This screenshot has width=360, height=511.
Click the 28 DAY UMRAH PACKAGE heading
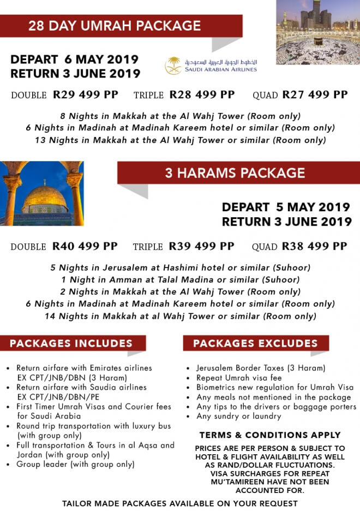[x=115, y=26]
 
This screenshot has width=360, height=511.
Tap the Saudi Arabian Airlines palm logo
[x=174, y=66]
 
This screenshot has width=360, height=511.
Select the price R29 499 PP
[x=86, y=94]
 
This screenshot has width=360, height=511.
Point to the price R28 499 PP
[x=202, y=94]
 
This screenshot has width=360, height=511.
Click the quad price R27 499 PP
[x=315, y=94]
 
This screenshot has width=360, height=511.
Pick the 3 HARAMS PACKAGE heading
[x=235, y=173]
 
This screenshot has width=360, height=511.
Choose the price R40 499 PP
[x=85, y=246]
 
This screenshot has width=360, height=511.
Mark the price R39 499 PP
[x=201, y=246]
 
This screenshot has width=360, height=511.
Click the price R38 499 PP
[x=314, y=246]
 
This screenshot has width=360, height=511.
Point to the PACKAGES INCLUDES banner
[x=71, y=343]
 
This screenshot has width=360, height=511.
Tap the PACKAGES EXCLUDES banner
[x=255, y=343]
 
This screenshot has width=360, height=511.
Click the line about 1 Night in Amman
[x=181, y=280]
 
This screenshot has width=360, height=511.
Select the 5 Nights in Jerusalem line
[x=181, y=268]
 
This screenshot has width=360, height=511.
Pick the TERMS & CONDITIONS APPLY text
[x=269, y=435]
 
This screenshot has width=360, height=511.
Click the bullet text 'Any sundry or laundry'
[x=238, y=417]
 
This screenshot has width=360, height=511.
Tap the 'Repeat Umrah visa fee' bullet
[x=236, y=378]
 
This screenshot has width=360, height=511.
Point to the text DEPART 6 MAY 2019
[x=75, y=59]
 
